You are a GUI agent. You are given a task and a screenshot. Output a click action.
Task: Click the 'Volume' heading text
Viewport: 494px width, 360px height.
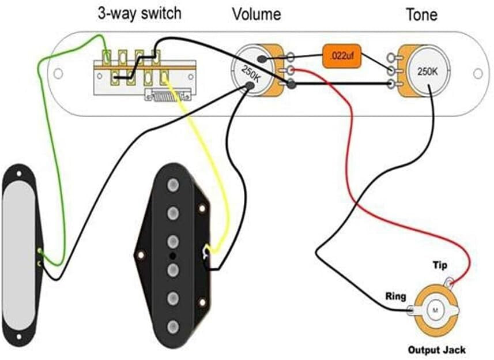pos(256,14)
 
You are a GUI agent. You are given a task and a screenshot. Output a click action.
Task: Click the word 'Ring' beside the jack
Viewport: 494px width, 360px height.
pos(396,297)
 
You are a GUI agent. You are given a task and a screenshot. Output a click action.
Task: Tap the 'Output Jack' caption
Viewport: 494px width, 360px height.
pos(436,350)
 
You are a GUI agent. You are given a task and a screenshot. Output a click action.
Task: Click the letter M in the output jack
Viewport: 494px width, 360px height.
pos(435,310)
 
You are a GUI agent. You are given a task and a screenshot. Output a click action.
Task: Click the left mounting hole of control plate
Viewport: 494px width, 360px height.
pos(58,74)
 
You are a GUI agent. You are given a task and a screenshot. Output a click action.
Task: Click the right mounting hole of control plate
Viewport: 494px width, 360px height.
pos(477,74)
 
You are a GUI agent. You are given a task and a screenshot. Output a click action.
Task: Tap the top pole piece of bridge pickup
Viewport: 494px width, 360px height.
pos(172,185)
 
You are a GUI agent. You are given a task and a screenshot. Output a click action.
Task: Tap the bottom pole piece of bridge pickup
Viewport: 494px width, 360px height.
pos(172,327)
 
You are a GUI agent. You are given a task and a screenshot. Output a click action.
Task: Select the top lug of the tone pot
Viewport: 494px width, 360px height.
pos(392,58)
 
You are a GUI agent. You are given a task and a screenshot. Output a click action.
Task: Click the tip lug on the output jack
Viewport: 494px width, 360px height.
pos(450,282)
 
